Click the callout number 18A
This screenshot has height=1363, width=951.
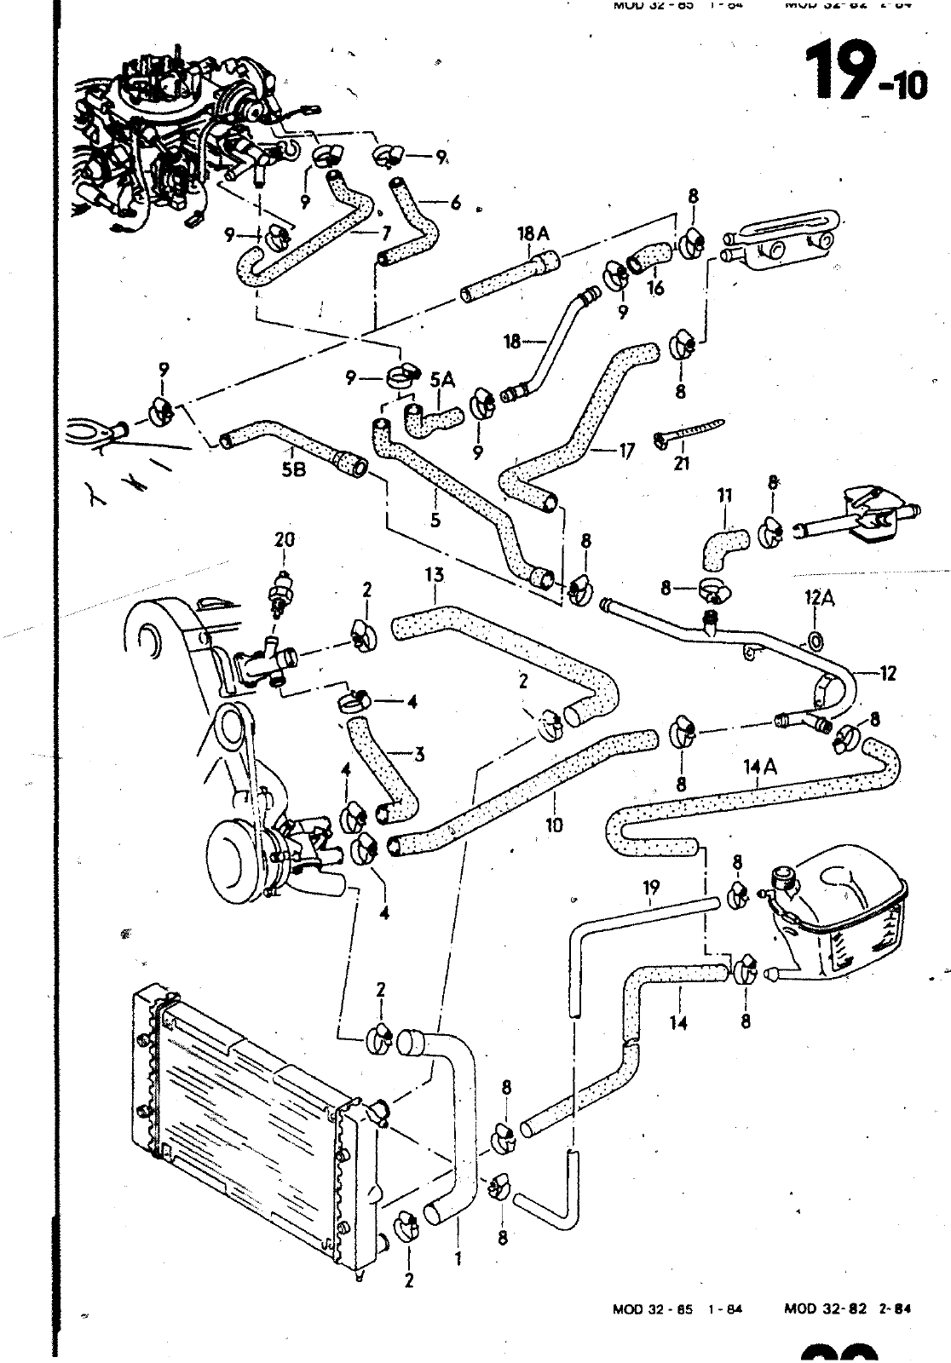click(533, 233)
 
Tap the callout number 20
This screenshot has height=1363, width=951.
click(283, 539)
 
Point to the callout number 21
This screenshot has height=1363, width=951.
click(681, 464)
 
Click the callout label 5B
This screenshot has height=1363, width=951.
click(293, 469)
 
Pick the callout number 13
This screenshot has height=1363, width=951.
click(435, 576)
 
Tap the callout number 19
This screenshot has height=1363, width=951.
click(651, 889)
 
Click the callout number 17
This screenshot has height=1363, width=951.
click(626, 451)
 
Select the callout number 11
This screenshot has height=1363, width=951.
click(725, 494)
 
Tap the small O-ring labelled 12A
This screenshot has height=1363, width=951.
click(816, 640)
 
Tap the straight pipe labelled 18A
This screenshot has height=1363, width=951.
click(510, 274)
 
